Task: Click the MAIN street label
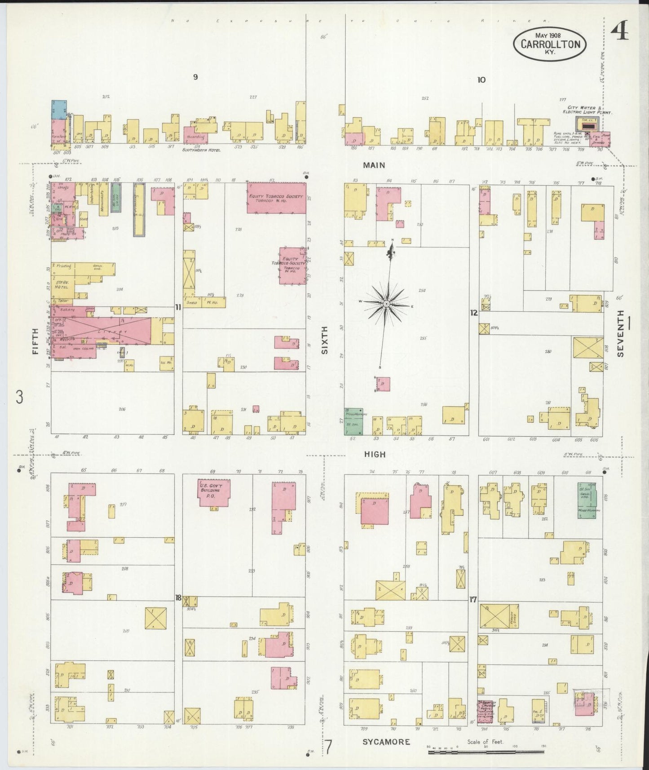pyautogui.click(x=374, y=165)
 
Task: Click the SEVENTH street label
pyautogui.click(x=621, y=333)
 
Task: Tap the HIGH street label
pyautogui.click(x=375, y=454)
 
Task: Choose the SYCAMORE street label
pyautogui.click(x=386, y=741)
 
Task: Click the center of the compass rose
pyautogui.click(x=386, y=304)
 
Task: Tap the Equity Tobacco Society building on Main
pyautogui.click(x=277, y=198)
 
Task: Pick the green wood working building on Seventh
pyautogui.click(x=587, y=500)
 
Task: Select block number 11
pyautogui.click(x=178, y=307)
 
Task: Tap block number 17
pyautogui.click(x=473, y=599)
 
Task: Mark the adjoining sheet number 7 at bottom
pyautogui.click(x=329, y=748)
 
